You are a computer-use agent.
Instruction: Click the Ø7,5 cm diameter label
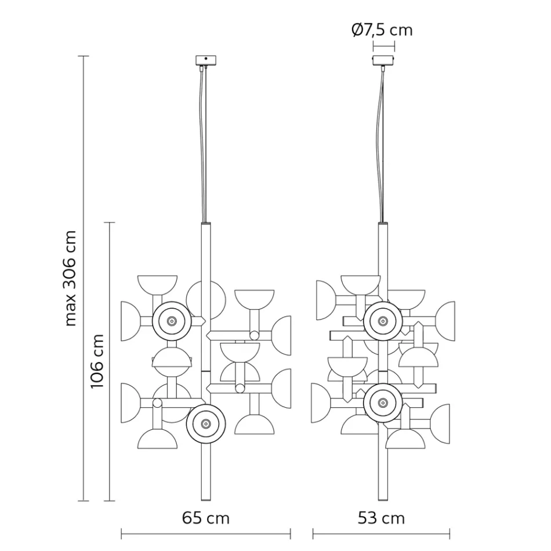pos(382,30)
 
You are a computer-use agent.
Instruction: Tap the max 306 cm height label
pos(71,278)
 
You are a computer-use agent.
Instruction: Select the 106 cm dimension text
pos(97,361)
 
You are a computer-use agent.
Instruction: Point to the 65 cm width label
pos(205,517)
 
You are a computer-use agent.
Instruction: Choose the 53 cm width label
pos(381,517)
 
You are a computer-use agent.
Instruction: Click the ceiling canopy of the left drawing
pos(205,60)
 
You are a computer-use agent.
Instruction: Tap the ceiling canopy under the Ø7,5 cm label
pos(383,60)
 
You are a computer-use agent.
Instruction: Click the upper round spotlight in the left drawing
pos(172,321)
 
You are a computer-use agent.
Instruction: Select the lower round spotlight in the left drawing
pos(205,424)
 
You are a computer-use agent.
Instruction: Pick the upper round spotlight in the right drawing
pos(383,320)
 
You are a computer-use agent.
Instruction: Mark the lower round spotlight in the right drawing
pos(383,402)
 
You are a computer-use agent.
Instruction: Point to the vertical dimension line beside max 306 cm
pos(84,278)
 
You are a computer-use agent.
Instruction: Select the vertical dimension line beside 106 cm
pos(110,361)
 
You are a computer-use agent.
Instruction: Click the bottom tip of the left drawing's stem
pos(205,498)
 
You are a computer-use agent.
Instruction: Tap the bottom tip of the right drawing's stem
pos(383,498)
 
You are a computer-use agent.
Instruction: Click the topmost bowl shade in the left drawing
pos(157,284)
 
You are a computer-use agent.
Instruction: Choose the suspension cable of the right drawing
pos(382,145)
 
